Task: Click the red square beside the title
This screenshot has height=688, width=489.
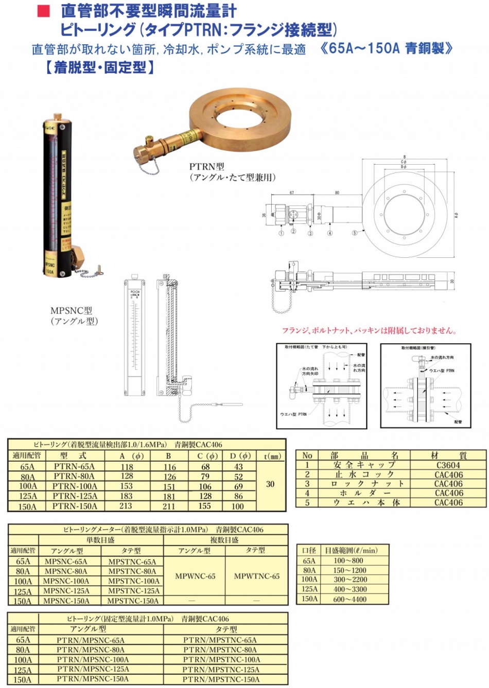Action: [x=44, y=11]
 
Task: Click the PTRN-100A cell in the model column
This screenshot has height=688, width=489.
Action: [x=75, y=486]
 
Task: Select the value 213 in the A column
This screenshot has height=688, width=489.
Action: [x=127, y=506]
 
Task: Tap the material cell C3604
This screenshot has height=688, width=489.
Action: [x=448, y=465]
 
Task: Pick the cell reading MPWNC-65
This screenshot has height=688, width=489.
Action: [x=195, y=576]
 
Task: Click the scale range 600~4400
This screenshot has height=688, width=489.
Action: [x=350, y=599]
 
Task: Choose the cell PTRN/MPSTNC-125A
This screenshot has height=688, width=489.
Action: [x=221, y=669]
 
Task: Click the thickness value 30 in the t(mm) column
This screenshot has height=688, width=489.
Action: [x=270, y=484]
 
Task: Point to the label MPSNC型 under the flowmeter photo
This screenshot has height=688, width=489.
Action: [x=71, y=311]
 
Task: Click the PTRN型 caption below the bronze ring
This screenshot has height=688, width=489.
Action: [x=206, y=167]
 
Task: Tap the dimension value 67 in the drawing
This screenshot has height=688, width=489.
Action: [x=292, y=193]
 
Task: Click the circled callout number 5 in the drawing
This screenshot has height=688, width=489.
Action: [x=354, y=233]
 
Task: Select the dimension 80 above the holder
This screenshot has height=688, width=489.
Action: [x=337, y=193]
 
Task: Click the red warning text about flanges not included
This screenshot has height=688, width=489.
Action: [x=369, y=331]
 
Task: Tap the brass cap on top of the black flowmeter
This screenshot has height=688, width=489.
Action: [x=57, y=115]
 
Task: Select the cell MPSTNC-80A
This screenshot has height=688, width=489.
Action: [x=132, y=571]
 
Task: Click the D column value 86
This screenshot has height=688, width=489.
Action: [x=238, y=497]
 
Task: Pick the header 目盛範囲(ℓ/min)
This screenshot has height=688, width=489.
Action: [x=351, y=551]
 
